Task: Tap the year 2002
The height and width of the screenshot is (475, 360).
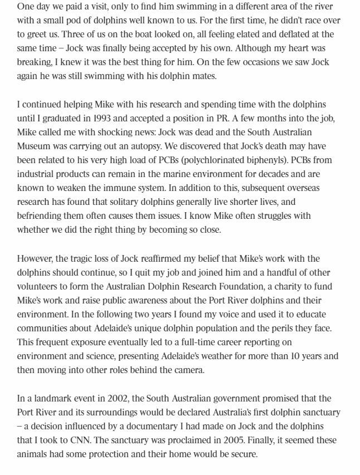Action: pyautogui.click(x=113, y=398)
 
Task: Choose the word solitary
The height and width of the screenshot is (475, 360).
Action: pyautogui.click(x=134, y=202)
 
